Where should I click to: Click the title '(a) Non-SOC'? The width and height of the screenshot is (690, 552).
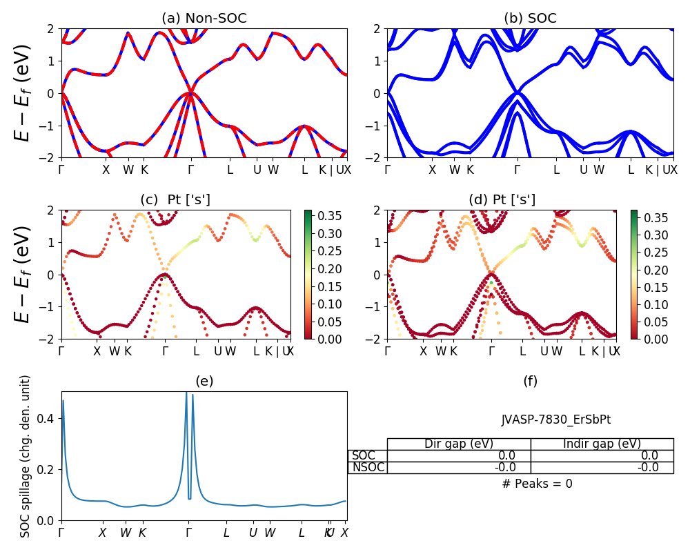pos(204,19)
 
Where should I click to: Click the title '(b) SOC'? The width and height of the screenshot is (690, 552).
pos(530,19)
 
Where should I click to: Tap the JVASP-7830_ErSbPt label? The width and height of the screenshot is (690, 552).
pos(555,420)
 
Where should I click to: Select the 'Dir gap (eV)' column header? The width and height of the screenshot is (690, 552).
pos(458,444)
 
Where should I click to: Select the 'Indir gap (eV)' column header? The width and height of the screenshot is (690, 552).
pos(602,444)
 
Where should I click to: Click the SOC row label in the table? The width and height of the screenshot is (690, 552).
pos(364,455)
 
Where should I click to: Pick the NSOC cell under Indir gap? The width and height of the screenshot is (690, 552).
pos(602,467)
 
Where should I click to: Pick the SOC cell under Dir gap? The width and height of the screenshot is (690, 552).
pos(458,455)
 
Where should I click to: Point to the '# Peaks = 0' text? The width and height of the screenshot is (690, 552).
pos(537,484)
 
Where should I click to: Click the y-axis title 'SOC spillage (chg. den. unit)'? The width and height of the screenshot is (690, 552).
pos(26,456)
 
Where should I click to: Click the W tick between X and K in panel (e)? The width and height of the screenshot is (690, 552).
pos(126,533)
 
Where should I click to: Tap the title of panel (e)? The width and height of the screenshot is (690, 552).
pos(204,381)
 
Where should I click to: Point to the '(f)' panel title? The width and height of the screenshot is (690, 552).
pos(530,381)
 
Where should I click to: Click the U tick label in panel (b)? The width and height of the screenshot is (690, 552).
pos(583,170)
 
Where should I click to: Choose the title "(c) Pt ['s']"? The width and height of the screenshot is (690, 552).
pos(175,199)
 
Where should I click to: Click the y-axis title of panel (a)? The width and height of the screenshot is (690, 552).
pos(23,93)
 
